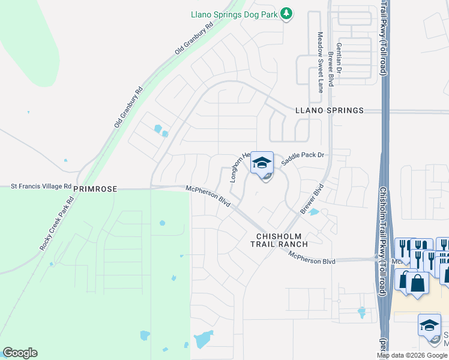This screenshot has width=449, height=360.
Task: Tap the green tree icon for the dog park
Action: (x=287, y=13)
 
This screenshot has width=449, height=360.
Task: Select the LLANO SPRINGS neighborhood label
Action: (x=330, y=110)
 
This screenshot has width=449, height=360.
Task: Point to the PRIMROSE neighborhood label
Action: (x=95, y=188)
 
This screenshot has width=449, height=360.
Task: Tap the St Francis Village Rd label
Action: (x=41, y=187)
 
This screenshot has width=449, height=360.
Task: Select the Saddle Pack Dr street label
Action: (x=303, y=155)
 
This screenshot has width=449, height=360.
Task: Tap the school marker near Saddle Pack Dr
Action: (x=262, y=163)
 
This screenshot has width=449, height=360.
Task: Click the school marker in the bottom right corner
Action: (x=429, y=326)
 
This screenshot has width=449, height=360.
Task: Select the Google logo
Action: (x=20, y=353)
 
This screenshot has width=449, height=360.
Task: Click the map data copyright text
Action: (x=412, y=355)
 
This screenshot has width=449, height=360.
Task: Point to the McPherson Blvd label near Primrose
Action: (x=208, y=197)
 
